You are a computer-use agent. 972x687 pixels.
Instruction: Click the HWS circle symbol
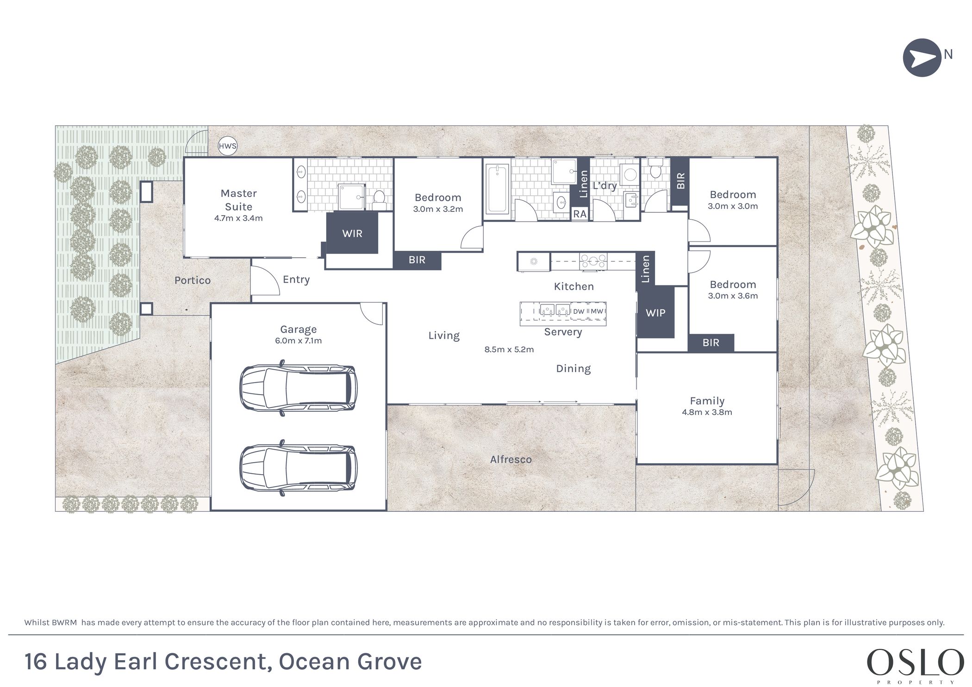click(x=227, y=146)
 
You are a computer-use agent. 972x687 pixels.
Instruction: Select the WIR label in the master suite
click(x=352, y=234)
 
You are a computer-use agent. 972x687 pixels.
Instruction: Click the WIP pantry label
click(x=655, y=313)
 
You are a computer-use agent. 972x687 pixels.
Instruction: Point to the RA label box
click(x=580, y=214)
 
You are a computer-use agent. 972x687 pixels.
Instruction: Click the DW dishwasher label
click(x=579, y=311)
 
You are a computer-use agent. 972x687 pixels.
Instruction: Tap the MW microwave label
click(x=597, y=311)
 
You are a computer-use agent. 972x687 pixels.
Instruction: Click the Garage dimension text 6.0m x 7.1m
click(x=298, y=340)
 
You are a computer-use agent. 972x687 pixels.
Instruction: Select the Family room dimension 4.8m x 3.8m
click(x=707, y=412)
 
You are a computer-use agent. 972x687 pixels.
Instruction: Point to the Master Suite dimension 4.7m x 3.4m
click(x=238, y=218)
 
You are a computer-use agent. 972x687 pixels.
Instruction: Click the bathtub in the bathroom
click(x=497, y=189)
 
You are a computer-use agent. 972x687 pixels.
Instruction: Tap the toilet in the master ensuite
click(x=379, y=198)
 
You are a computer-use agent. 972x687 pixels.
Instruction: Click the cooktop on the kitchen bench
click(x=593, y=261)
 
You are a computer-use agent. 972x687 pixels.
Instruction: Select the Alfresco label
click(x=511, y=459)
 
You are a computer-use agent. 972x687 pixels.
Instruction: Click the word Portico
click(x=193, y=280)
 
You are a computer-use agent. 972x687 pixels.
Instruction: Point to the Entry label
click(x=296, y=279)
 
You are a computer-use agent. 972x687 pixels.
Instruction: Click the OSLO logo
click(x=915, y=662)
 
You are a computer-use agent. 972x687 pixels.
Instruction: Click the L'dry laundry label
click(x=604, y=186)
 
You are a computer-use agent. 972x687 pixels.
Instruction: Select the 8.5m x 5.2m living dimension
click(x=509, y=349)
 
